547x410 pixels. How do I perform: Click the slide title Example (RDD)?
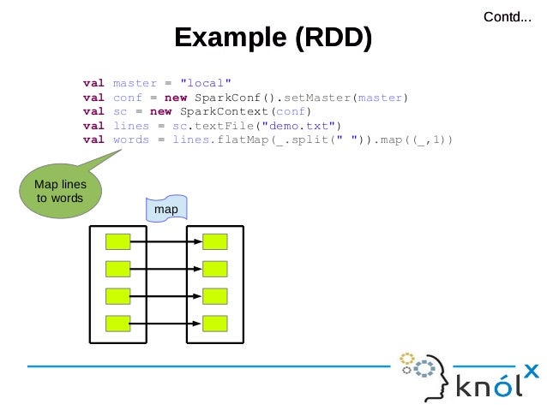click(x=273, y=39)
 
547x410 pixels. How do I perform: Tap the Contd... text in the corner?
click(x=507, y=16)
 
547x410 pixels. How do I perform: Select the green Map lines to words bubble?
click(x=59, y=192)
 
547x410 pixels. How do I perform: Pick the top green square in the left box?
click(x=117, y=241)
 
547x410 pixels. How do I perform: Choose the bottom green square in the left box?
click(x=117, y=324)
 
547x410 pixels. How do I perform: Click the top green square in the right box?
click(x=215, y=241)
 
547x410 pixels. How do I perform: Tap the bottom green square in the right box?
click(x=215, y=324)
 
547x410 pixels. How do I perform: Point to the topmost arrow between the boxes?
click(x=166, y=241)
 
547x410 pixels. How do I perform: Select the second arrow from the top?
click(x=166, y=269)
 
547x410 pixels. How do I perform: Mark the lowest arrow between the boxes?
click(x=166, y=324)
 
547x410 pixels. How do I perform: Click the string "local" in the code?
click(x=200, y=84)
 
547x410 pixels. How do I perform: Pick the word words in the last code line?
click(x=130, y=140)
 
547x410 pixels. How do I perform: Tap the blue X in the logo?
click(x=531, y=371)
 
